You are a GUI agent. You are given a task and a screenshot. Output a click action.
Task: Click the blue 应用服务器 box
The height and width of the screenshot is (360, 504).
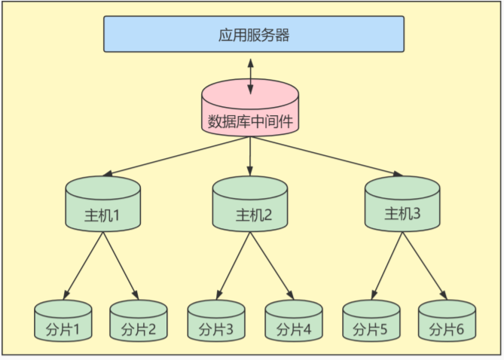tap(253, 35)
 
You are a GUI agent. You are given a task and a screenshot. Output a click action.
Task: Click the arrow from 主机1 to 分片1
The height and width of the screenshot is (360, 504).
tap(84, 265)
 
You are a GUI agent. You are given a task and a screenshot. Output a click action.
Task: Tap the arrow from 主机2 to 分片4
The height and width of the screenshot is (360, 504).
tap(271, 265)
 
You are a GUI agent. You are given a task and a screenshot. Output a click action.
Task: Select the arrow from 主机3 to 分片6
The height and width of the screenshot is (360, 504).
tap(423, 265)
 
